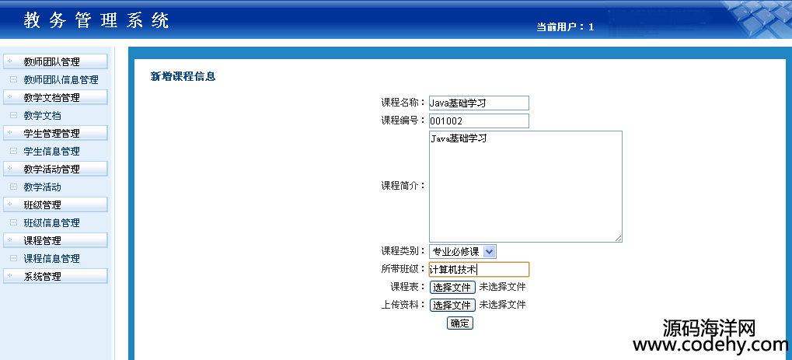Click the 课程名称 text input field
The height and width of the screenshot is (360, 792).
pos(479,103)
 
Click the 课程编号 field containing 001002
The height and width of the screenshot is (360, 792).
pos(479,121)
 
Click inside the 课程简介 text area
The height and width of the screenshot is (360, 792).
pos(525,187)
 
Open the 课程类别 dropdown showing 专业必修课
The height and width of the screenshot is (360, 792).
pos(462,251)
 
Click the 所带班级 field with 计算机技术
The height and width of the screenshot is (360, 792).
pos(479,270)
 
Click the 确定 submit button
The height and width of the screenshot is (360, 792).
pos(459,323)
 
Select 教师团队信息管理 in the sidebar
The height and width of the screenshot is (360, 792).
pos(61,80)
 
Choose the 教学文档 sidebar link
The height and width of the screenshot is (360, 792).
pos(43,116)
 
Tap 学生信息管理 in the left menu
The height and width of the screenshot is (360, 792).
pos(51,152)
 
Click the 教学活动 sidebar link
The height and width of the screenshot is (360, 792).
pos(43,187)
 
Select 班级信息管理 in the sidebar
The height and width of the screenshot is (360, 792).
pos(51,223)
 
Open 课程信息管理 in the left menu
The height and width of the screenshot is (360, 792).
pos(51,259)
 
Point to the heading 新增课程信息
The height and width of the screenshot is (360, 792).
pos(183,77)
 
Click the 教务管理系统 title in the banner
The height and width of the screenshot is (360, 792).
pos(96,21)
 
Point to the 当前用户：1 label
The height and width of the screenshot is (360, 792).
pos(565,27)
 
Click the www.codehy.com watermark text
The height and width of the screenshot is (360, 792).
pos(710,345)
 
